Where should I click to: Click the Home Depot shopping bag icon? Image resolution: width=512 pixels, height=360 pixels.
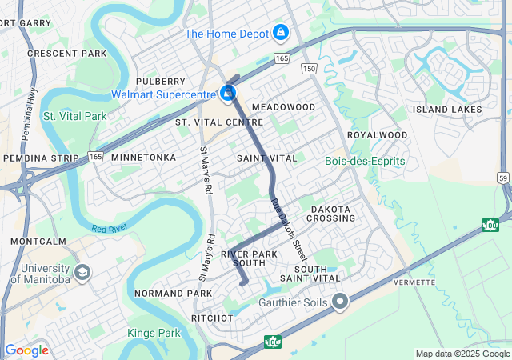[x=280, y=33]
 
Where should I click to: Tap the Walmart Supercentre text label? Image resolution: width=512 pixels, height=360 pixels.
[x=164, y=94]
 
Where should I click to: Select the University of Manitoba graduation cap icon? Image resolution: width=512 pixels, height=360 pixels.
[x=81, y=273]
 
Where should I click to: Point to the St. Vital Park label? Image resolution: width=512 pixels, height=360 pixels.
[x=74, y=116]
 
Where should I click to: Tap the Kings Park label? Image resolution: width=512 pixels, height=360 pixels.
[x=154, y=332]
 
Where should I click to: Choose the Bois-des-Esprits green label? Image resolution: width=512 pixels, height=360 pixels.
[x=365, y=161]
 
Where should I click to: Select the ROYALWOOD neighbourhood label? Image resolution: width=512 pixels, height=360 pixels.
[x=378, y=135]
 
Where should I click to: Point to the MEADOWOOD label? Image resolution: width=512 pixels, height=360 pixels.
[x=283, y=106]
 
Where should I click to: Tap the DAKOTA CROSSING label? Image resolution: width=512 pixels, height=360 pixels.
[x=330, y=214]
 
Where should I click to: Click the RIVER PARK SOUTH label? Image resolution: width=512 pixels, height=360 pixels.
[x=254, y=258]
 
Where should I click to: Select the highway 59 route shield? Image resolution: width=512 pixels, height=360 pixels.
[x=502, y=177]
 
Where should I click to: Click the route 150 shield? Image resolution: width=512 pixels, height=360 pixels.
[x=309, y=70]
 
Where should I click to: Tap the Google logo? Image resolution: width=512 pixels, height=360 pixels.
[x=26, y=350]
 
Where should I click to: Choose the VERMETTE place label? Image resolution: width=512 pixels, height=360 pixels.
[x=414, y=282]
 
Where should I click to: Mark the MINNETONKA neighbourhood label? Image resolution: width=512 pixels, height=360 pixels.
[x=143, y=158]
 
